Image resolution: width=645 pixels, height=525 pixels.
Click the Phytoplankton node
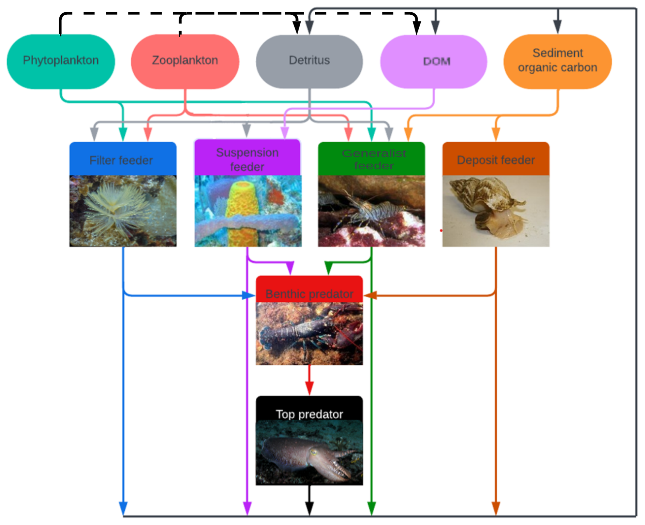coord(61,61)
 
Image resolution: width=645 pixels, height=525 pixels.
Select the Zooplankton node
coord(185,61)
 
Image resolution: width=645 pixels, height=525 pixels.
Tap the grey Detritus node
coord(309,61)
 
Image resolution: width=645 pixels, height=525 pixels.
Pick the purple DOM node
coord(434,61)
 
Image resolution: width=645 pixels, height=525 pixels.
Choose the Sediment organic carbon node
coord(557,61)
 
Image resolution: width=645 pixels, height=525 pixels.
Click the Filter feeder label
coord(121,160)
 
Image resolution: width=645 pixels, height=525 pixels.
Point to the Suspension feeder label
coord(247,159)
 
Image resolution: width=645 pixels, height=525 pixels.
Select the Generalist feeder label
coord(374,159)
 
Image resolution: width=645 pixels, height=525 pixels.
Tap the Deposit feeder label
coord(496,160)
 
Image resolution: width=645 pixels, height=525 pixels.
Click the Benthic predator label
coord(309,294)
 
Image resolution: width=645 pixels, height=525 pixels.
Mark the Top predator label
coord(309,414)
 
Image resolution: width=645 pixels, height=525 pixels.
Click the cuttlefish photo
coord(309,453)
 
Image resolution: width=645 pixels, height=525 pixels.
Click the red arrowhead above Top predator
coord(309,388)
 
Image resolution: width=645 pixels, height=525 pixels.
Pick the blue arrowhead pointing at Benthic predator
coord(248,296)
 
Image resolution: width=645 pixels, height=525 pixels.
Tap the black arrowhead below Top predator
coord(309,508)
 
